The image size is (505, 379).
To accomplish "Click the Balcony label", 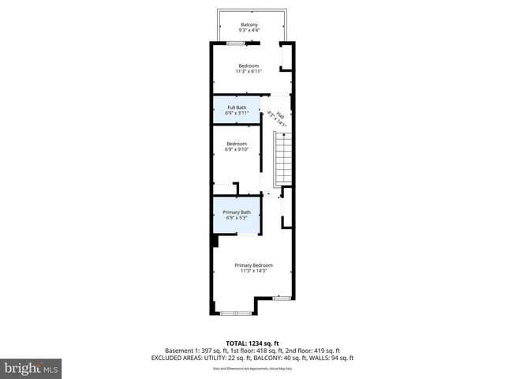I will [249, 24].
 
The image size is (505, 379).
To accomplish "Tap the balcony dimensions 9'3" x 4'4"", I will [249, 31].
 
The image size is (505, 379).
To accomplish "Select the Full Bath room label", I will [237, 107].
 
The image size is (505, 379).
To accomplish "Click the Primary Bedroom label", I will [253, 265].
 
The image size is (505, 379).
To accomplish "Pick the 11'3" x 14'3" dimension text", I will [253, 271].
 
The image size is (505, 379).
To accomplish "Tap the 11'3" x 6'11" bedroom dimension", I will [249, 71].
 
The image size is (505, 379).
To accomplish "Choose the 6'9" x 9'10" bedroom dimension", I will [237, 149].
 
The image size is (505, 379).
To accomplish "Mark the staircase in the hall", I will [282, 158].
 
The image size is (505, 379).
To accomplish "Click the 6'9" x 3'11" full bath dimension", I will [237, 114].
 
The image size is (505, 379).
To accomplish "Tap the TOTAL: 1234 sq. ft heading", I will [252, 343].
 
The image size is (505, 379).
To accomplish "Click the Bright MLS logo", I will [32, 368].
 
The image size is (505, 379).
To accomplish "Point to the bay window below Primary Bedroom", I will [234, 313].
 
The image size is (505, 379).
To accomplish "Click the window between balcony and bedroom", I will [234, 43].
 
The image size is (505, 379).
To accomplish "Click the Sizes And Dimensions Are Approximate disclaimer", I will [252, 368].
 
